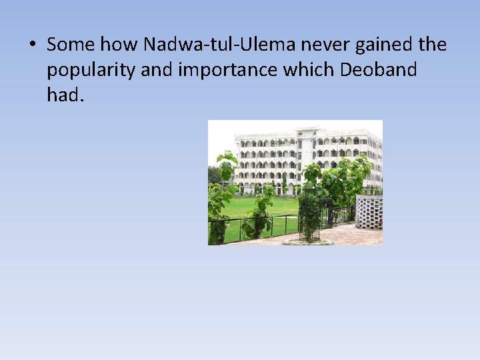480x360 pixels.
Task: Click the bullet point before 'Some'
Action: [x=31, y=45]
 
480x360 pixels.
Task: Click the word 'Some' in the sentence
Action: [x=69, y=45]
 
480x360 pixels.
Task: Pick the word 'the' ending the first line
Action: [x=432, y=45]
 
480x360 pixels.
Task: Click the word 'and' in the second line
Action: [x=157, y=70]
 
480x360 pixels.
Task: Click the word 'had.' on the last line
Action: [x=65, y=95]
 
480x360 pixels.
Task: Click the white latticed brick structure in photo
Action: [x=369, y=212]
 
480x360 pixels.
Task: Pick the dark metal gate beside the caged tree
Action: [x=327, y=213]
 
